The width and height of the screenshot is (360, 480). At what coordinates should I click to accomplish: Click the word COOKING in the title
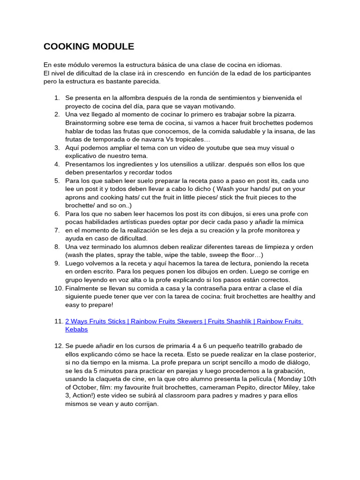(x=63, y=46)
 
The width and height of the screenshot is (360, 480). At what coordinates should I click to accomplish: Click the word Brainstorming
(x=87, y=123)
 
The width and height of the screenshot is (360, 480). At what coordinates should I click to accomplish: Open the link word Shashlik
(x=237, y=322)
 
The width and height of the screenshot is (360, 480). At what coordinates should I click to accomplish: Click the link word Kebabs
(x=76, y=330)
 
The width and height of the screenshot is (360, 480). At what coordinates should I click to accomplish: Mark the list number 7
(x=57, y=230)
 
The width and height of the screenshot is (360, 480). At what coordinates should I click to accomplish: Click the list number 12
(x=59, y=346)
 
